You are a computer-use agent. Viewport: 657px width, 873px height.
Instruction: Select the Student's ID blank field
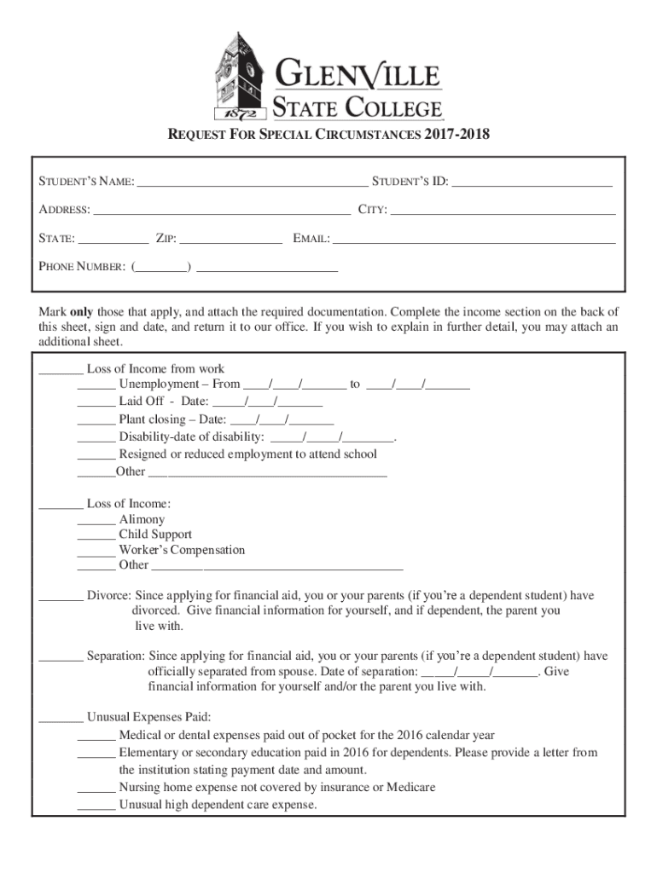click(x=532, y=182)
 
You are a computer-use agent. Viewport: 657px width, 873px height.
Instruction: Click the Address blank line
click(x=222, y=211)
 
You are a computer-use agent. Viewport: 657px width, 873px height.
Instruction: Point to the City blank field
click(x=503, y=211)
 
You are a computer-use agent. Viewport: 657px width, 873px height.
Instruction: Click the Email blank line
click(x=474, y=240)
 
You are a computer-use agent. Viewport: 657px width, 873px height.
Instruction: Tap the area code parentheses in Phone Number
click(x=161, y=268)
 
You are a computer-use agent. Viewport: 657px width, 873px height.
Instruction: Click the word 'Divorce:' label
click(x=108, y=596)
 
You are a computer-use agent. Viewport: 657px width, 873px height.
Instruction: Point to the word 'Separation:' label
click(x=116, y=656)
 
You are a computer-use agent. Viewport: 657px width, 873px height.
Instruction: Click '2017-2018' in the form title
click(x=458, y=135)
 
